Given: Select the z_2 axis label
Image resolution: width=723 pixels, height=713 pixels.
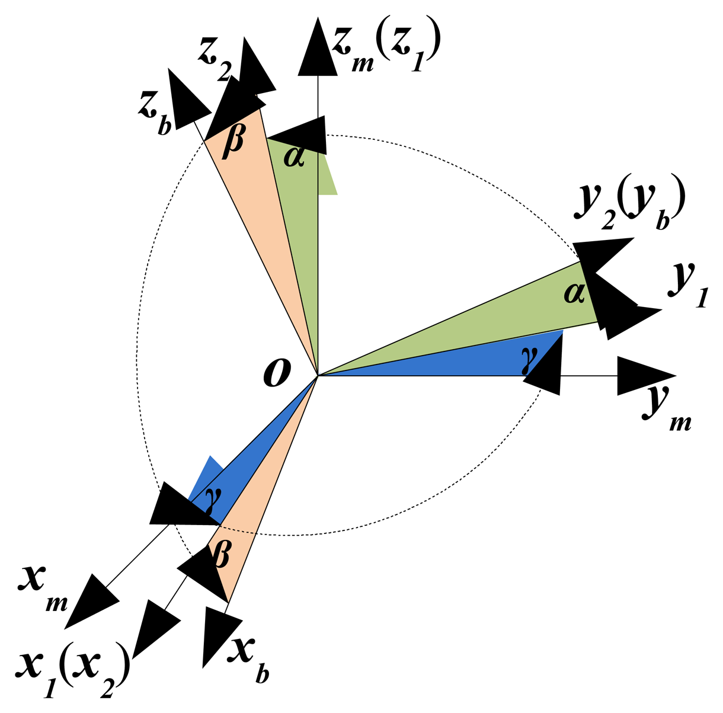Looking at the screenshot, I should (x=214, y=61).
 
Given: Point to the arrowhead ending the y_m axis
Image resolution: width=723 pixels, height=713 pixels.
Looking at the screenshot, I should (x=645, y=376).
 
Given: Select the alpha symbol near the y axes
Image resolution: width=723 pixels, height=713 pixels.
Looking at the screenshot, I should (x=573, y=292).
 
